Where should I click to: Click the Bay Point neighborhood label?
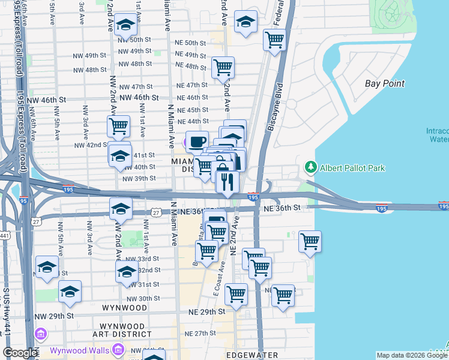[385, 83]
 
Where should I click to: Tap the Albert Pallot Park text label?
[352, 168]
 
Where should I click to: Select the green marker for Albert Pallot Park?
[310, 166]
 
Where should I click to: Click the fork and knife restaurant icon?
[227, 181]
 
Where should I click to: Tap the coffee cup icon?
[196, 142]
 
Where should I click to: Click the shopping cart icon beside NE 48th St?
[223, 67]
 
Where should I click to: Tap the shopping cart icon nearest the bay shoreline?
[310, 241]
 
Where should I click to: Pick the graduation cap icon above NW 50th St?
[125, 25]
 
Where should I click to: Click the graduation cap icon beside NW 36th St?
[121, 209]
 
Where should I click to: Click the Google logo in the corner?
[20, 353]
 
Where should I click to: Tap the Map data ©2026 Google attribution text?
[411, 355]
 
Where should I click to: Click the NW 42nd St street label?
[90, 145]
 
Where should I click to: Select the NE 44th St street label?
[191, 121]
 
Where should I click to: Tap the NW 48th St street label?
[88, 70]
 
